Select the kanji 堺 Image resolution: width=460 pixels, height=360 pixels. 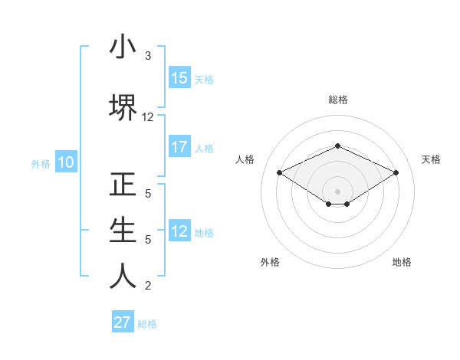pos(123,108)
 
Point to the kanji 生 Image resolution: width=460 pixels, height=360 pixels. pos(123,231)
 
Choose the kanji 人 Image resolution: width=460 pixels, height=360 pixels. pos(123,277)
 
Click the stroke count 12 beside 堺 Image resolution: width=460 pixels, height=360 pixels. pos(148,117)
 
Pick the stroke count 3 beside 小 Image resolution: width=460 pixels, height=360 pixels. pos(148,56)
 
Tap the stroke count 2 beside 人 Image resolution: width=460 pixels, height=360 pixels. pos(148,286)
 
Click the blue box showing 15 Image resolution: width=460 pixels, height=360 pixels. pos(179,77)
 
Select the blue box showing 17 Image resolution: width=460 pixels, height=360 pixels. pos(179,147)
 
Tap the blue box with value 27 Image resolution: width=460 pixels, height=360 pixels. pos(123,322)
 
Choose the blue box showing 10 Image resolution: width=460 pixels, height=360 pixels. pos(65,162)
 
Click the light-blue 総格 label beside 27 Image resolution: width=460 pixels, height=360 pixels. pos(147,324)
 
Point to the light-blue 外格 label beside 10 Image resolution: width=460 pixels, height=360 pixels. pos(41,163)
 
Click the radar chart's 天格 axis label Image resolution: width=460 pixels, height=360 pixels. pos(431,159)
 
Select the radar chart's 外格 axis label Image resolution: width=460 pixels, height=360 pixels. pos(270,262)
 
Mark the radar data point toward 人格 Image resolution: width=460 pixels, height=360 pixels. pos(279,172)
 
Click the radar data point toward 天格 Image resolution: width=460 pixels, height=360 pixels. pos(396,172)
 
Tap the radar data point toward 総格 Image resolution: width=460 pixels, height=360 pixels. pos(337,146)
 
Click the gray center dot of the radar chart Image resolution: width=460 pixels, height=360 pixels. pos(337,191)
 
